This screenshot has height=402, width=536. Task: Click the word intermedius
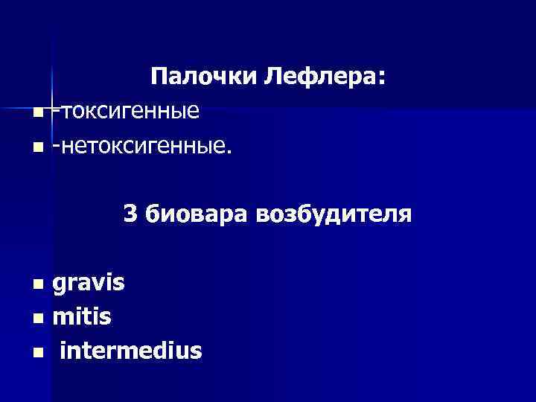pos(130,350)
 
